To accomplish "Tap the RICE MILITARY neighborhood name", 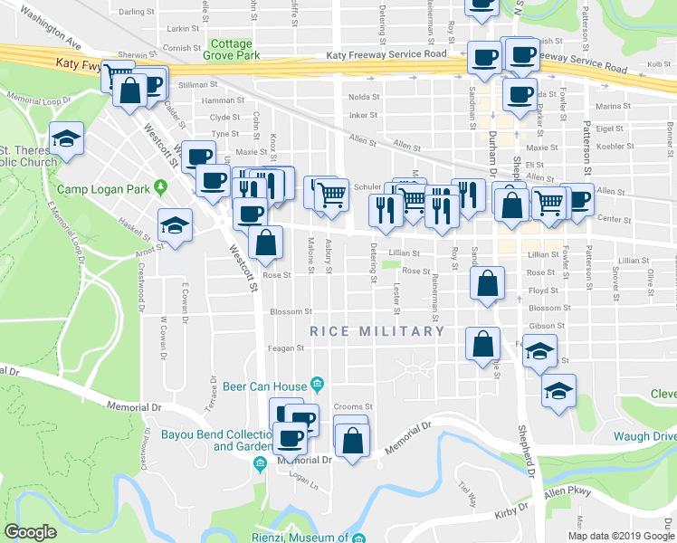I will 377,331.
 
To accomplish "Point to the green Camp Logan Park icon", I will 161,188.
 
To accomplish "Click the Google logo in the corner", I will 30,532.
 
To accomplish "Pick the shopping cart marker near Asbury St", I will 332,194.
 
